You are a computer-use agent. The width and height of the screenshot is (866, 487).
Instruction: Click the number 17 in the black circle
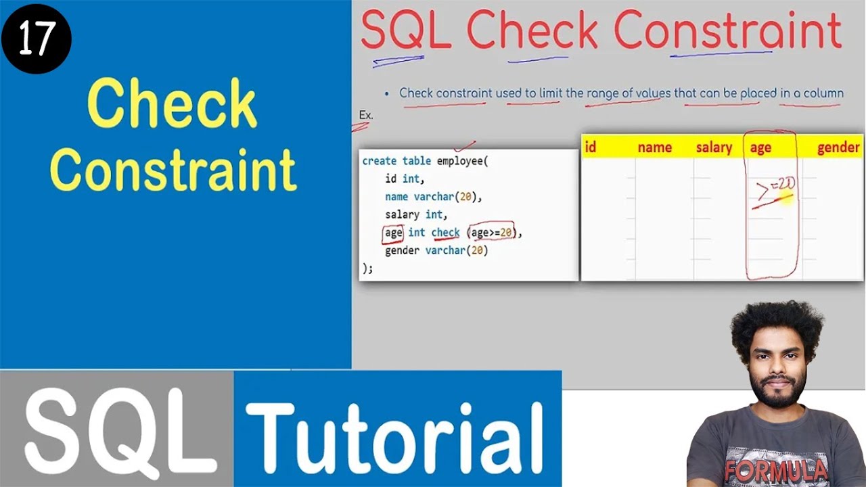click(x=35, y=39)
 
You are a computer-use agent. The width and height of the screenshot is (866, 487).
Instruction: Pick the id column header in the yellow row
click(x=590, y=147)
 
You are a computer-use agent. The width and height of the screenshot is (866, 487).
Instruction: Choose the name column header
click(x=654, y=147)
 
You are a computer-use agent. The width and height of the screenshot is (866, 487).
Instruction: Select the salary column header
click(x=714, y=147)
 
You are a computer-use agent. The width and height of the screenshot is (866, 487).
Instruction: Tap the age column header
click(x=760, y=148)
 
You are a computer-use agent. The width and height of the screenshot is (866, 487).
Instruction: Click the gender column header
click(x=838, y=147)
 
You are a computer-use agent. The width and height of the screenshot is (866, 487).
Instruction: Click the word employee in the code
click(x=459, y=161)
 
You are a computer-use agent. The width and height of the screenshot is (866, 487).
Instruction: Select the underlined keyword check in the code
click(x=445, y=233)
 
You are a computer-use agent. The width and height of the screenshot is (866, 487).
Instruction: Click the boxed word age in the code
click(x=393, y=233)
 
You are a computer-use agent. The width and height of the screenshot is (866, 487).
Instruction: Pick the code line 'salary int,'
click(x=414, y=214)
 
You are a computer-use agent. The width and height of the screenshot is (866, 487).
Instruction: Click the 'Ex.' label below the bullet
click(x=366, y=115)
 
